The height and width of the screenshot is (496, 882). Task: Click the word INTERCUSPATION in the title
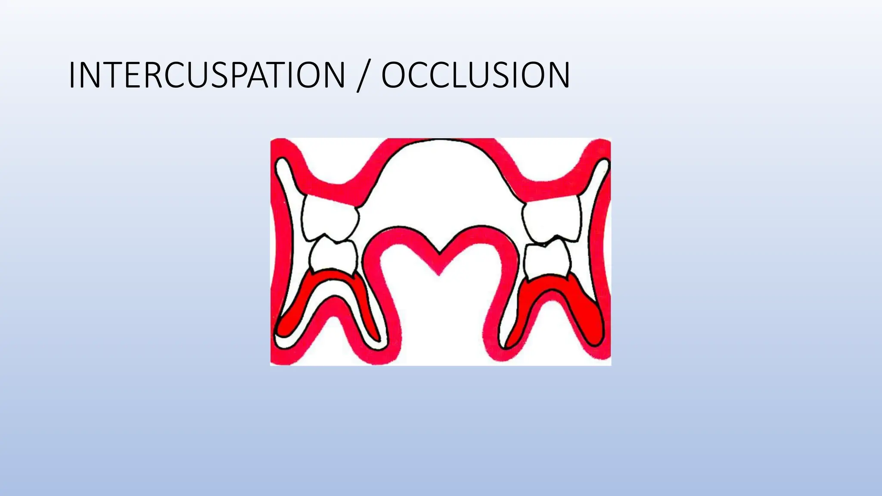click(x=207, y=75)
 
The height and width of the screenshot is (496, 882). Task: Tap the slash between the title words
click(x=363, y=77)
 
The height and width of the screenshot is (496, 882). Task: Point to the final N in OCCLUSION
click(x=557, y=75)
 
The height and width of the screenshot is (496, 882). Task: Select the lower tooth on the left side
click(x=333, y=257)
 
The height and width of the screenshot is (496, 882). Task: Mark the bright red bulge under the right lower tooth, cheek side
click(x=592, y=321)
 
